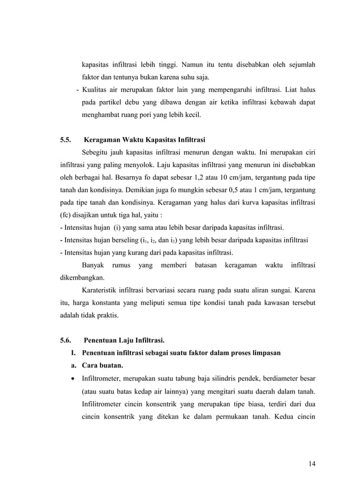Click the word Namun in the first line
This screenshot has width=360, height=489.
[192, 64]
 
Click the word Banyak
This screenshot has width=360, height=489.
[94, 265]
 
